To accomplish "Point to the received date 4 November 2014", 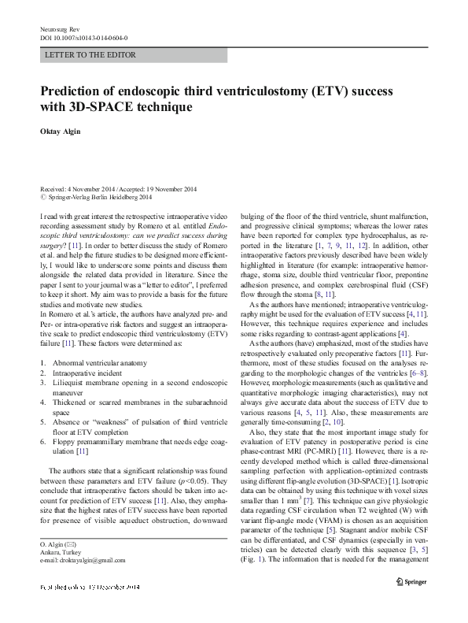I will tap(86, 190).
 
